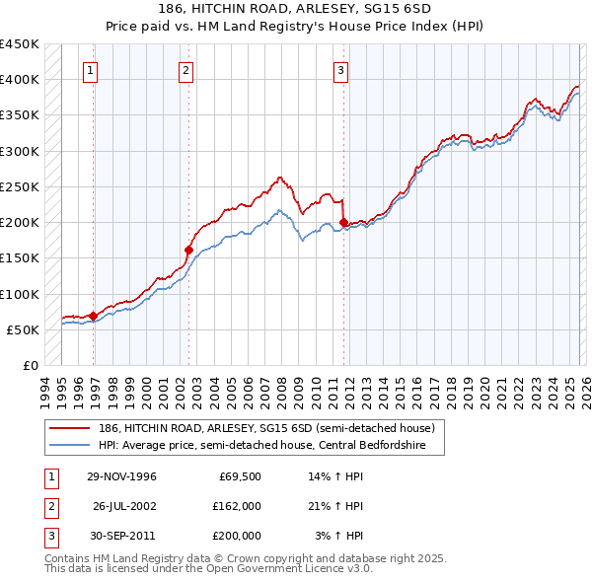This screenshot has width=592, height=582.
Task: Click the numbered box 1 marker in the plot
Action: pyautogui.click(x=91, y=70)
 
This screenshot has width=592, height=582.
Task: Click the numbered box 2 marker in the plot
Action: pyautogui.click(x=185, y=70)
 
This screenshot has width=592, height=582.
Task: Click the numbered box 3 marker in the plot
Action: pyautogui.click(x=340, y=70)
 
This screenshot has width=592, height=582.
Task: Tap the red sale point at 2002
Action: pyautogui.click(x=188, y=250)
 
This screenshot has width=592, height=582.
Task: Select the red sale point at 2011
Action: pyautogui.click(x=343, y=222)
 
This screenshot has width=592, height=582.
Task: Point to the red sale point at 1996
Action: pyautogui.click(x=93, y=316)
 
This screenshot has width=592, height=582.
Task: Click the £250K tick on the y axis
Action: pyautogui.click(x=21, y=186)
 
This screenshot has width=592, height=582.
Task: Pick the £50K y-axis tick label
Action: pyautogui.click(x=25, y=329)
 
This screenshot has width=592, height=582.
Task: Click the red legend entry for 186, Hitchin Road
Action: pyautogui.click(x=257, y=428)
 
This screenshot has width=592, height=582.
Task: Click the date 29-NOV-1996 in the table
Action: pyautogui.click(x=121, y=476)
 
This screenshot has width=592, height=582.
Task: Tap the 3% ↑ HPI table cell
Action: pyautogui.click(x=340, y=536)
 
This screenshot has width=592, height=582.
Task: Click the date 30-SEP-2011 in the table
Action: pyautogui.click(x=121, y=536)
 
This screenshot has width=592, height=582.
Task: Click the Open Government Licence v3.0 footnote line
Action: pyautogui.click(x=208, y=569)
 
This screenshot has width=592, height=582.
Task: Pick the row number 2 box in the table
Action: pyautogui.click(x=50, y=506)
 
